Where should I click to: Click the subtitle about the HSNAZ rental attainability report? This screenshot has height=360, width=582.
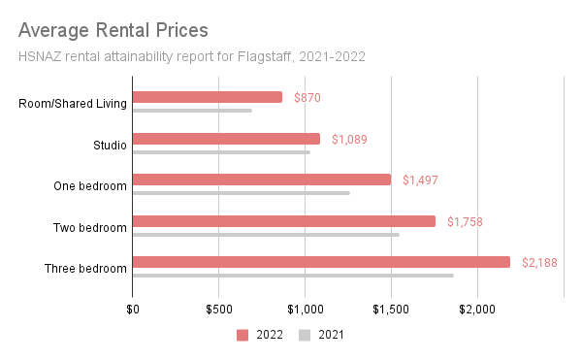(192, 55)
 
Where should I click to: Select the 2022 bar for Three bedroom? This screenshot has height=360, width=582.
(321, 262)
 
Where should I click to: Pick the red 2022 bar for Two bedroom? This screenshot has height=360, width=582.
(284, 220)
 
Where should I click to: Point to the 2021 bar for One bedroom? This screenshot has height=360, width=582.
(242, 193)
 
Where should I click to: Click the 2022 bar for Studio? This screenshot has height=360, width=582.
(226, 139)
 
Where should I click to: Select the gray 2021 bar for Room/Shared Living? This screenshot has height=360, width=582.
(192, 111)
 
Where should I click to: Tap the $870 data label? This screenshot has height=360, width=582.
(307, 98)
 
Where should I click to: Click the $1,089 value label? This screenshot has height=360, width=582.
(349, 140)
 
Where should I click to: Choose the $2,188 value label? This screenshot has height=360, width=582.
(539, 263)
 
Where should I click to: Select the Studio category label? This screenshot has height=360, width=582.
(109, 146)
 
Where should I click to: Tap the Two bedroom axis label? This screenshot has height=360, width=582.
(90, 228)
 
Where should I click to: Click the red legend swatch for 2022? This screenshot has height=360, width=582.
(243, 336)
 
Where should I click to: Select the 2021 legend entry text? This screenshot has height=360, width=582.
(330, 336)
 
